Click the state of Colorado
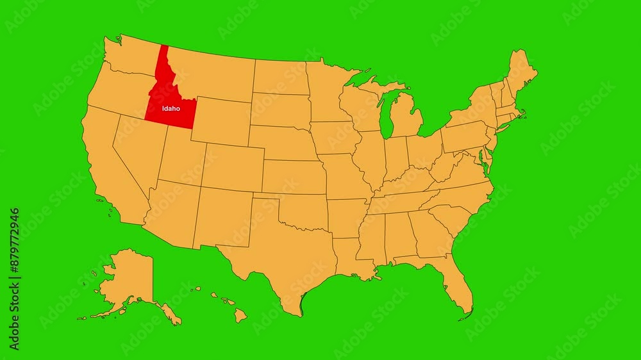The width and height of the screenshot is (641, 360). pyautogui.click(x=234, y=167)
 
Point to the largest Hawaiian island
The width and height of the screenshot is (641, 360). pyautogui.click(x=240, y=315)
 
